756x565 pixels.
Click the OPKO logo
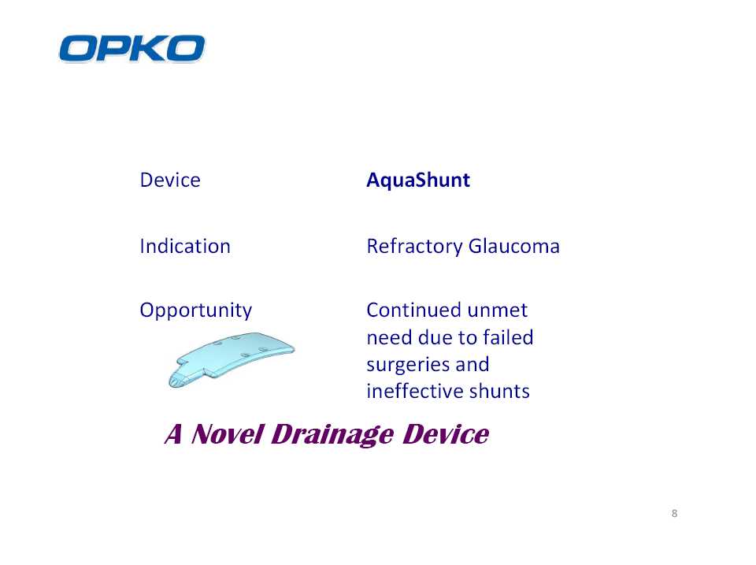132,48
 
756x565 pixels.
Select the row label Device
170,180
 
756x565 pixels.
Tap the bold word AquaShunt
418,180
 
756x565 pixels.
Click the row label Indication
185,246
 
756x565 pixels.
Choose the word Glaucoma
514,246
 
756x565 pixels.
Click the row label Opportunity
196,310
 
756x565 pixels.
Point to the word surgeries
408,366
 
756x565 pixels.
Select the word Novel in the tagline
228,433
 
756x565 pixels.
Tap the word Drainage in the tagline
332,435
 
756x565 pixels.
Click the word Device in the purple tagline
447,433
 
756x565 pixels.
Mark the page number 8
675,513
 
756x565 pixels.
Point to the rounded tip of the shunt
172,382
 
